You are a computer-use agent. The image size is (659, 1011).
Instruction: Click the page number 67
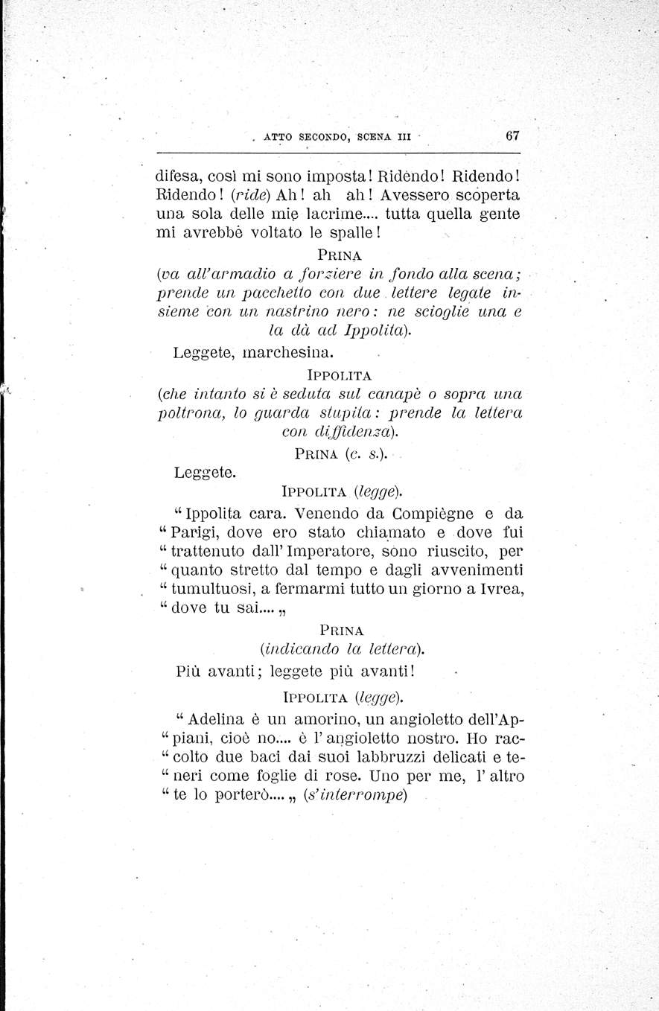[512, 135]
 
